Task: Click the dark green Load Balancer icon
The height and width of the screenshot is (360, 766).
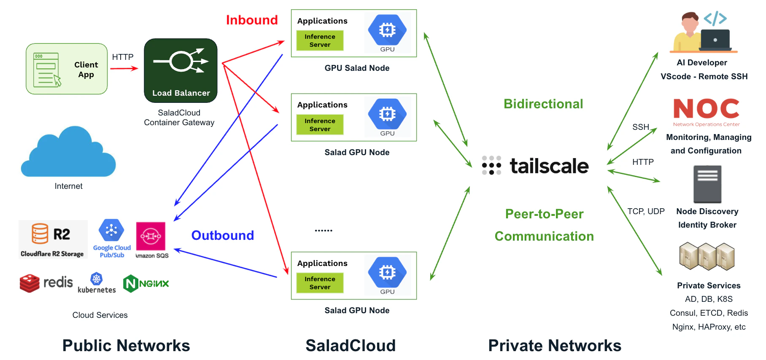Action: (181, 70)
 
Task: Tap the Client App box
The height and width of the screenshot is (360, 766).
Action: (67, 69)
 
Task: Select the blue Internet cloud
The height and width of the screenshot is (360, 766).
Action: (68, 153)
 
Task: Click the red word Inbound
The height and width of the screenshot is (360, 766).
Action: (252, 20)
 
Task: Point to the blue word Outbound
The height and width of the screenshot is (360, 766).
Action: (222, 235)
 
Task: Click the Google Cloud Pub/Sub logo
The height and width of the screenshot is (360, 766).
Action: (112, 238)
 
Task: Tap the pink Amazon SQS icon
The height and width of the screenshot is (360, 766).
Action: (151, 236)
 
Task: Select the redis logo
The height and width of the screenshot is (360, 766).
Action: (46, 283)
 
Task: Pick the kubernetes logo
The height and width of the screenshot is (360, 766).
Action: (97, 283)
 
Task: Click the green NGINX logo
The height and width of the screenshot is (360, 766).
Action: (146, 284)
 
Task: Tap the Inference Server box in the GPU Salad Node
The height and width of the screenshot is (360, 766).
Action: (320, 40)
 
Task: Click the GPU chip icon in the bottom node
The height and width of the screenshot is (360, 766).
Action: (387, 272)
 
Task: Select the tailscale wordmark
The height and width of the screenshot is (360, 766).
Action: (536, 166)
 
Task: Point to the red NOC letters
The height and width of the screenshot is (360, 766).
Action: (706, 109)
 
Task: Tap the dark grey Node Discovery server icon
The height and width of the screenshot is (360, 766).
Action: (707, 184)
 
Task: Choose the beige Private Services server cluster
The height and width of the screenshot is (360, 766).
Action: (707, 256)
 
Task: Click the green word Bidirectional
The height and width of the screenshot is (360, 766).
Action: (543, 104)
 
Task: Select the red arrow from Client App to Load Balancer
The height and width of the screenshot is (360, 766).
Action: (124, 68)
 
